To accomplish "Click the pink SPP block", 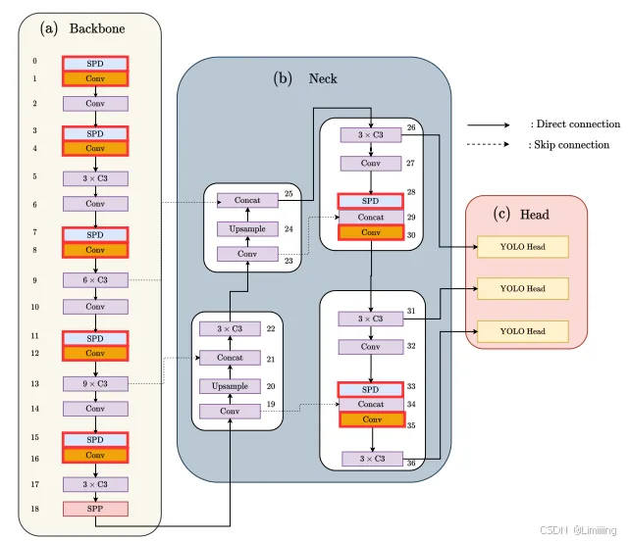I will click(x=95, y=510).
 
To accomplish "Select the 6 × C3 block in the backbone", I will click(x=95, y=279).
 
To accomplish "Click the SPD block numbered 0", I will click(x=95, y=62).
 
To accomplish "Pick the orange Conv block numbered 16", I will click(x=95, y=455).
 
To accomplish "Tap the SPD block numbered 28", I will click(x=370, y=200).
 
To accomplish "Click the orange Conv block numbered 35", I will click(x=370, y=424).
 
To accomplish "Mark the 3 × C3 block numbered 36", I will click(x=370, y=459).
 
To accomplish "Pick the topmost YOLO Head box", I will click(x=522, y=246).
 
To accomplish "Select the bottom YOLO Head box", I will click(x=522, y=331).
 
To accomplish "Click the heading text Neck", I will click(x=323, y=77).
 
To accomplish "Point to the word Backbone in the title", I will click(x=97, y=28).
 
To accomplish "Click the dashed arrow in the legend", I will click(x=488, y=145).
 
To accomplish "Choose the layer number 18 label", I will click(x=33, y=510).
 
